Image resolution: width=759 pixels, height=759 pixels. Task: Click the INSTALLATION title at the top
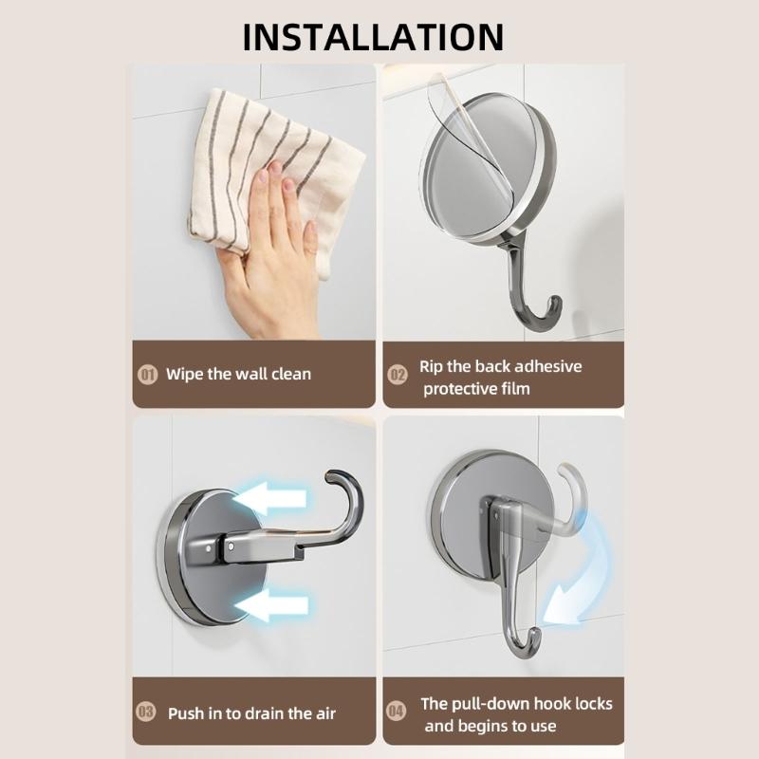pyautogui.click(x=373, y=36)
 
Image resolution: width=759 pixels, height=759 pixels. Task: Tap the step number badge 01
pyautogui.click(x=147, y=374)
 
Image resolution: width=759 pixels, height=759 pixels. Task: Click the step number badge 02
pyautogui.click(x=398, y=374)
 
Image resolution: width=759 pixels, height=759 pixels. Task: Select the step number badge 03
pyautogui.click(x=147, y=713)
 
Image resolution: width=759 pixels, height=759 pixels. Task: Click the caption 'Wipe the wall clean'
pyautogui.click(x=238, y=374)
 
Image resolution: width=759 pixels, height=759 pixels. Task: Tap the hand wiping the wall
pyautogui.click(x=270, y=251)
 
